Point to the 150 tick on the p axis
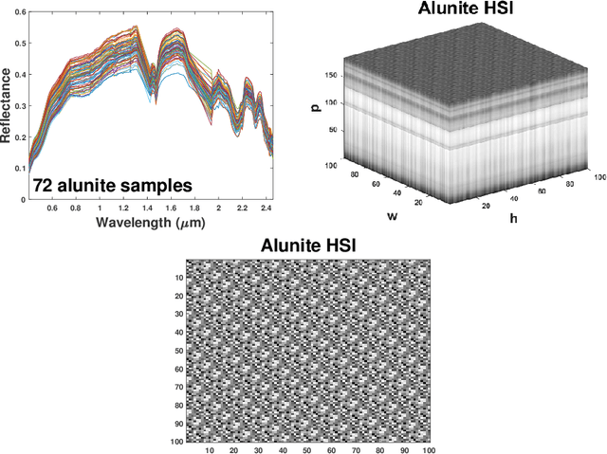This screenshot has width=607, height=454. [x=330, y=73]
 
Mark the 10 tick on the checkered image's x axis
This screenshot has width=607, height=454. [x=209, y=449]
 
